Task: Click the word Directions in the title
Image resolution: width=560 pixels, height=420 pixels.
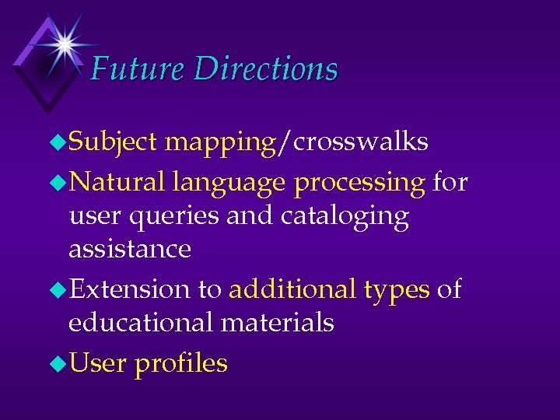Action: point(266,69)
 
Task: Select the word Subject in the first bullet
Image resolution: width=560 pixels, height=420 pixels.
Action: point(114,142)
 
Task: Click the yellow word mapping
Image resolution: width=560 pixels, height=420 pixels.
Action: point(221,142)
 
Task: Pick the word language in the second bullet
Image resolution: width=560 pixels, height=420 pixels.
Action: point(229,184)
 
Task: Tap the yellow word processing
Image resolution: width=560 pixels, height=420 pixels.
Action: point(359,184)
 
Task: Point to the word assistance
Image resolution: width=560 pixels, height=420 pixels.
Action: point(130,249)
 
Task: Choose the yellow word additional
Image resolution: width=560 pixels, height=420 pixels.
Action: point(292,289)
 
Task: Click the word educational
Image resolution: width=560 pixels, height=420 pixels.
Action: point(137,322)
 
